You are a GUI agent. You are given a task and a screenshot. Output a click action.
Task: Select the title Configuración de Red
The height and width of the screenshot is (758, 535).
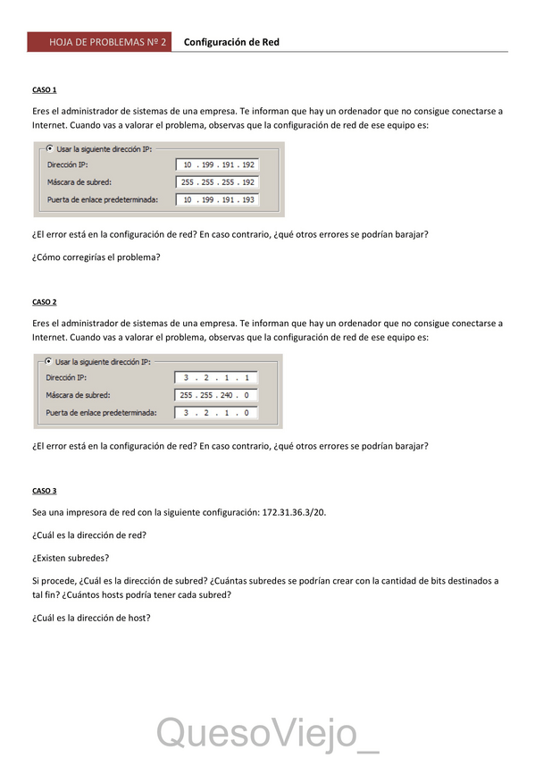[231, 42]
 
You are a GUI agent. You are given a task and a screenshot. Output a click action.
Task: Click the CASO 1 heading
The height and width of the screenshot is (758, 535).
[44, 90]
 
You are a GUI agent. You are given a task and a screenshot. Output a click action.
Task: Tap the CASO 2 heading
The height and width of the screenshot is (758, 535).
[44, 302]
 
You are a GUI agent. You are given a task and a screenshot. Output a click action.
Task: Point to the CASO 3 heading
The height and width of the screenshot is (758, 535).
[44, 491]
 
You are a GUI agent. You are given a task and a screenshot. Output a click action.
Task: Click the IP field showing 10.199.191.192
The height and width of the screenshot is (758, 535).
[218, 165]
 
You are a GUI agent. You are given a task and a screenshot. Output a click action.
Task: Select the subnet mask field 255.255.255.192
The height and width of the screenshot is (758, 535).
[218, 182]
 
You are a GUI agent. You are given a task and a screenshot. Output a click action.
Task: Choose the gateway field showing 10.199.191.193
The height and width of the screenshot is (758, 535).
[218, 200]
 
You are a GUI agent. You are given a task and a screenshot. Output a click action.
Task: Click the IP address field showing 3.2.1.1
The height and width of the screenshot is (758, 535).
[216, 378]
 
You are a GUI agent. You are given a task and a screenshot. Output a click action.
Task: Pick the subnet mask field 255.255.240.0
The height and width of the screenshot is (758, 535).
[216, 395]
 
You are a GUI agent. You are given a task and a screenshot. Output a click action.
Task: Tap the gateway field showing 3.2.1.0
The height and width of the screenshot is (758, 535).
[216, 413]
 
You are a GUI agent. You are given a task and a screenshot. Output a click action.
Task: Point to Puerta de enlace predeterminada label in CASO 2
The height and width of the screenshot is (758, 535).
[101, 413]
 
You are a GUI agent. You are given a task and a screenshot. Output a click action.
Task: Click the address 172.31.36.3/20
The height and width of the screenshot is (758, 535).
[299, 513]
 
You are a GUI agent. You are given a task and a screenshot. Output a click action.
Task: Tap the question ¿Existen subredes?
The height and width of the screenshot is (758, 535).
[71, 558]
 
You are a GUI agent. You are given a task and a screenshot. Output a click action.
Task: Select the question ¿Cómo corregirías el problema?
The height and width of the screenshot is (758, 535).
[96, 257]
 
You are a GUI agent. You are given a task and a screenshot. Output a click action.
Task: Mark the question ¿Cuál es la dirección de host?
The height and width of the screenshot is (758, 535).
[91, 617]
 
